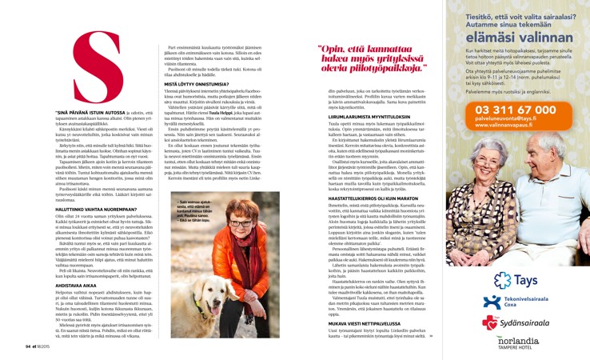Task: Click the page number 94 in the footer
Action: click(x=28, y=346)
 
